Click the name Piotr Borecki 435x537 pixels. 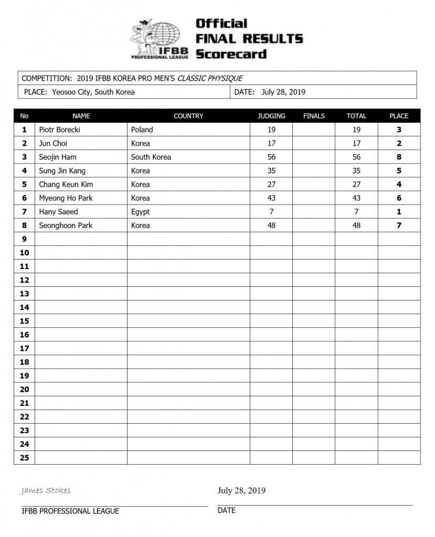tap(59, 130)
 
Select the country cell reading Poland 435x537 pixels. tap(142, 130)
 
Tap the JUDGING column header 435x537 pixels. tap(271, 116)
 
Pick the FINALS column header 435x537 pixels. tap(314, 116)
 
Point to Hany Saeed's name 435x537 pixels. tap(58, 212)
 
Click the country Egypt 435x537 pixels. tap(140, 212)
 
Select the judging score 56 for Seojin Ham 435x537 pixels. tap(271, 157)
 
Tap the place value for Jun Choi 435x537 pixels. tap(399, 143)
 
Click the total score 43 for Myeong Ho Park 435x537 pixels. tap(356, 198)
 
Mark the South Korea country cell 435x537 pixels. tap(151, 157)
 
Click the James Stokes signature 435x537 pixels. tap(45, 491)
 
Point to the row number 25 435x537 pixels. tap(24, 457)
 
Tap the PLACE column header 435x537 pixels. tap(399, 116)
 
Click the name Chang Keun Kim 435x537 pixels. tap(66, 185)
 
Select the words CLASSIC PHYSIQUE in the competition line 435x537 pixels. tap(210, 78)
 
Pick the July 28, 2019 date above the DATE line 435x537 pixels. tap(241, 491)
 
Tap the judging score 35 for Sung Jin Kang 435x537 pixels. tap(271, 171)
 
